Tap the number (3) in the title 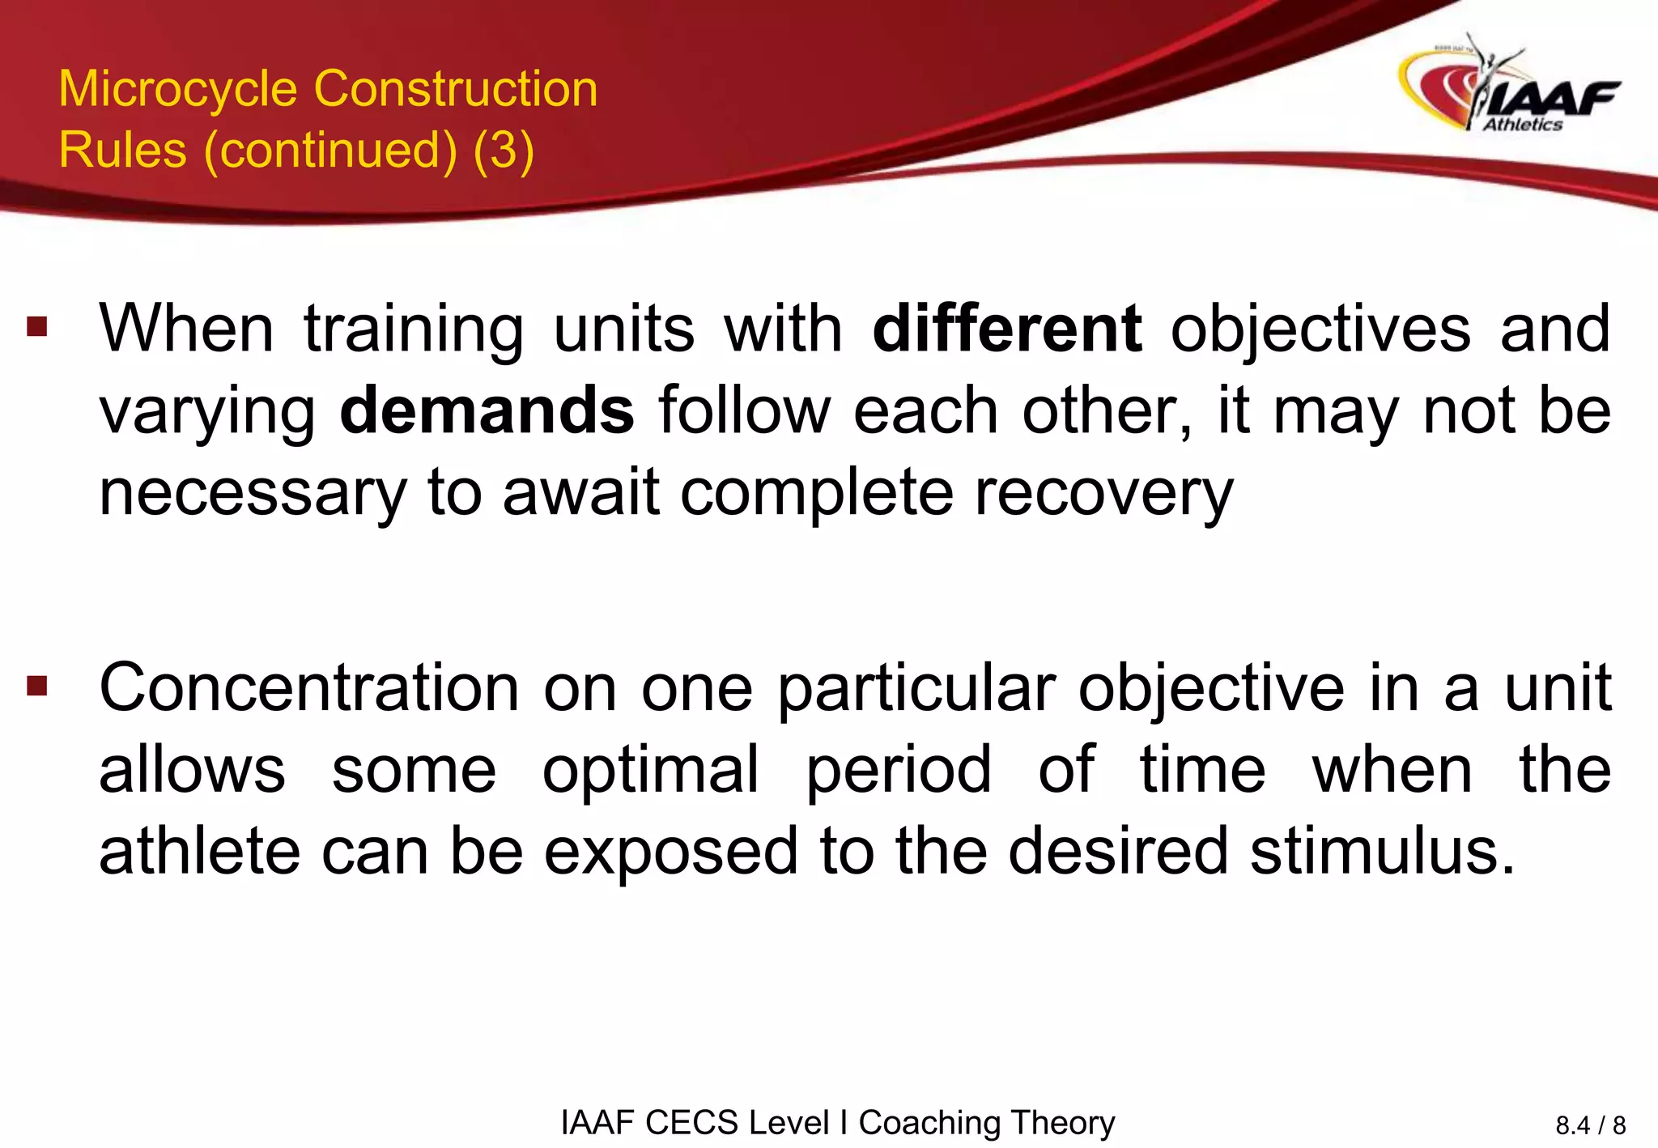point(504,151)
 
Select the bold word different point(1007,330)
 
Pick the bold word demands point(487,411)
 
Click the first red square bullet point(37,327)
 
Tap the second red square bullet point(37,687)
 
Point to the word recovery point(1103,493)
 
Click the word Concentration point(308,688)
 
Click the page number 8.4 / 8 point(1590,1125)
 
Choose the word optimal point(651,771)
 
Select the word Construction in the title point(456,89)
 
